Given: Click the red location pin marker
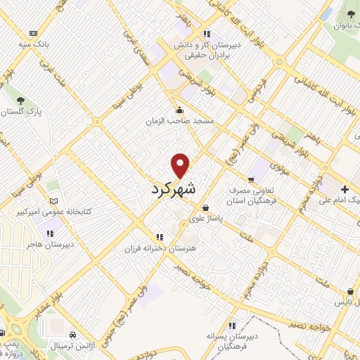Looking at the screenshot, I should coord(181,165).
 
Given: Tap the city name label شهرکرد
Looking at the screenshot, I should coord(173,190).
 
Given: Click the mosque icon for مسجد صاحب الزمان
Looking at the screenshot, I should coord(181,109).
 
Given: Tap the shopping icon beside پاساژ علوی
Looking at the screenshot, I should coord(205,208).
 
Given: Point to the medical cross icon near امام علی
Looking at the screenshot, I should coord(345,189).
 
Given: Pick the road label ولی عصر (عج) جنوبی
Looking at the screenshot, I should coord(134,295).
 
